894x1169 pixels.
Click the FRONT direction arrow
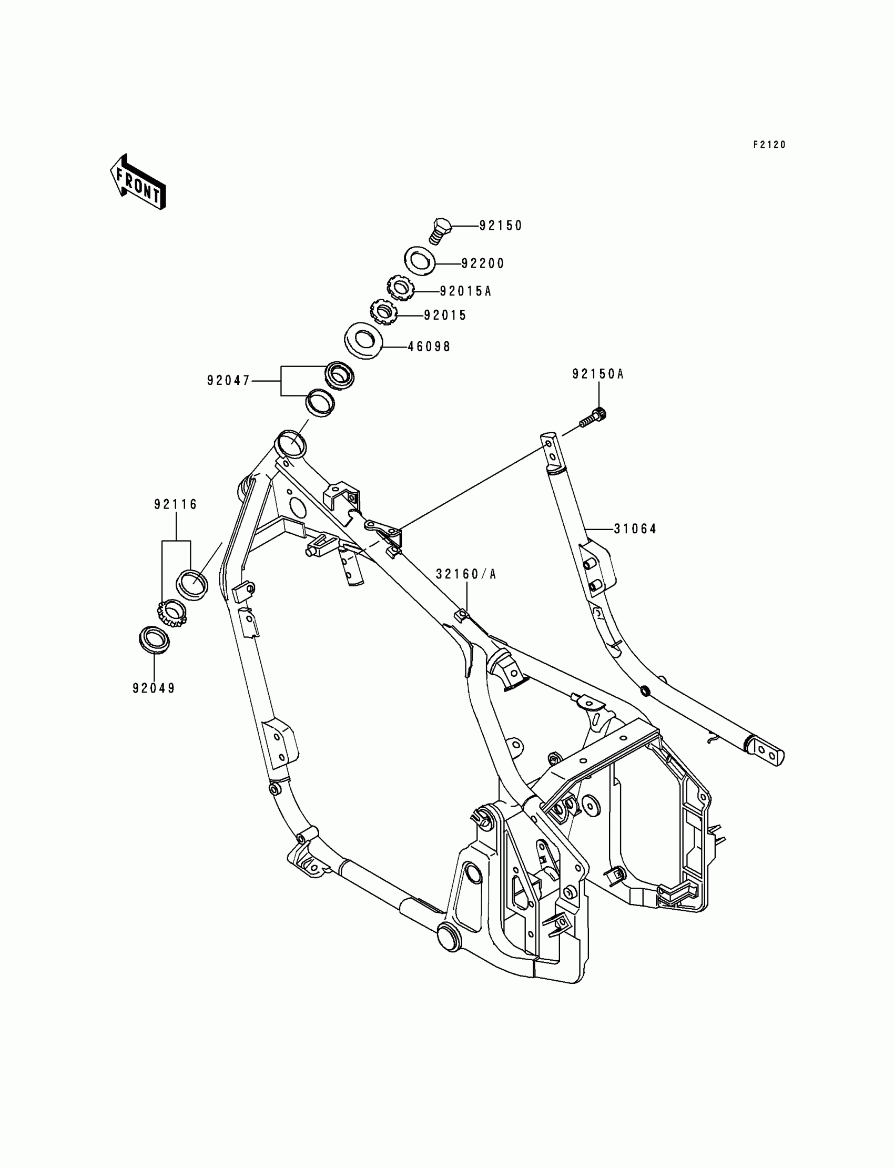[137, 182]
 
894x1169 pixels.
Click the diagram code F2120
[769, 145]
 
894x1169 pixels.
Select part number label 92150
[501, 226]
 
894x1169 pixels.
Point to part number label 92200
[483, 263]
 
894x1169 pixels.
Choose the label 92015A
[465, 291]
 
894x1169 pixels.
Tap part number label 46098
[429, 347]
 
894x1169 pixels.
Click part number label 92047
[228, 380]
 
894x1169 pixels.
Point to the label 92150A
[597, 374]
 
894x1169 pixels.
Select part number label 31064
[635, 529]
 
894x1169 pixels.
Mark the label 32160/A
[465, 574]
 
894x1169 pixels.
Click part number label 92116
[176, 504]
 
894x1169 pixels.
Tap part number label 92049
[154, 688]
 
